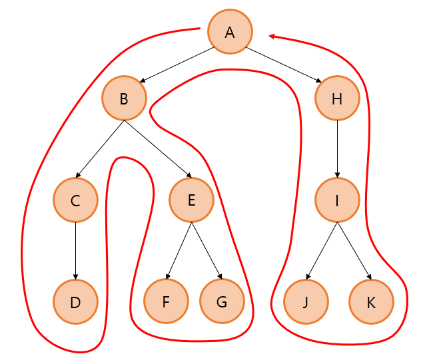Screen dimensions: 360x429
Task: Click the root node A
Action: pos(230,31)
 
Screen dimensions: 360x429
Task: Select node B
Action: pos(124,99)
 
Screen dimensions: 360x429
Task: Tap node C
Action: pos(75,200)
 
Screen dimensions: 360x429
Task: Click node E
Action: pos(191,200)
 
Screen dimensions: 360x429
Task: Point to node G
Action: pos(221,301)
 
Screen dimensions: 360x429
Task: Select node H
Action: pos(337,99)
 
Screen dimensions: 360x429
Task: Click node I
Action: pos(337,200)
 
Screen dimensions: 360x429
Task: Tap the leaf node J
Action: pos(306,301)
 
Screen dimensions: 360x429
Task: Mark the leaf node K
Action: pos(371,301)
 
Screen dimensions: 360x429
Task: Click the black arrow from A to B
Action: pos(176,65)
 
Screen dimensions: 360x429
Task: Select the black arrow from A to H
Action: pos(284,65)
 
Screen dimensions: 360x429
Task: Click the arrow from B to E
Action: pos(157,148)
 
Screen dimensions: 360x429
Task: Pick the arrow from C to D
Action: pos(75,250)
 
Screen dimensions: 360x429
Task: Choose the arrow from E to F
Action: pos(179,249)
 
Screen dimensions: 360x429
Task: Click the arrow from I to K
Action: pos(353,249)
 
